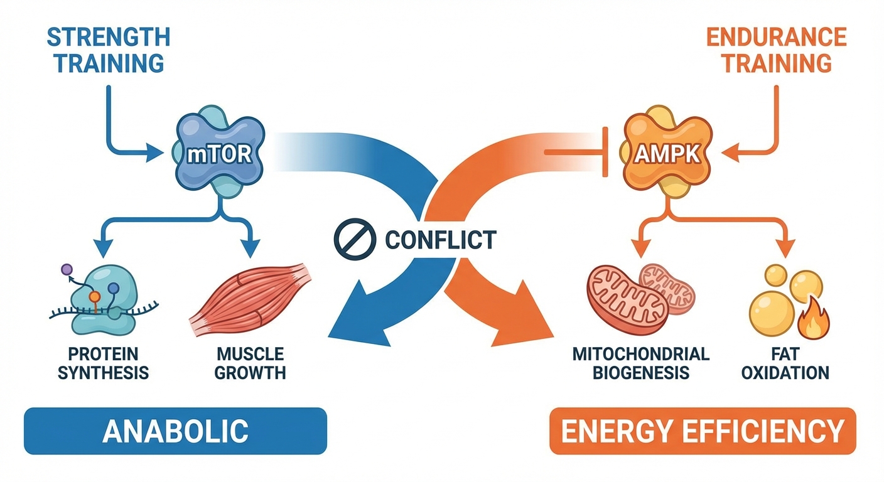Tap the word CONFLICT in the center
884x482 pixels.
point(440,239)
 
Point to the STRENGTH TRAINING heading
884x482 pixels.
point(109,50)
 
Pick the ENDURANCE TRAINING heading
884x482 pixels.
point(776,50)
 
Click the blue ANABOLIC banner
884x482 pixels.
point(175,431)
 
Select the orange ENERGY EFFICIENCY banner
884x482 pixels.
point(702,431)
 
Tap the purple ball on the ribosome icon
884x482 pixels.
point(67,270)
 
